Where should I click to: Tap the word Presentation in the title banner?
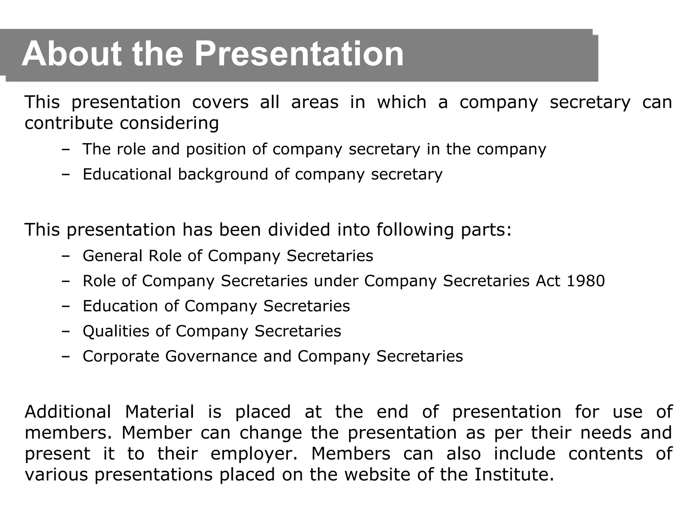[x=299, y=54]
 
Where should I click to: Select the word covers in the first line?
[x=220, y=102]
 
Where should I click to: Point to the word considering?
[x=169, y=123]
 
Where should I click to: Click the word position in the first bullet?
[x=216, y=149]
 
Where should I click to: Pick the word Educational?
[x=127, y=174]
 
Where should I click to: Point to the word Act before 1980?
[x=548, y=281]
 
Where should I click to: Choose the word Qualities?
[x=116, y=331]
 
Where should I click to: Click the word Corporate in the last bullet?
[x=121, y=356]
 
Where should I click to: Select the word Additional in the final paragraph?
[x=68, y=412]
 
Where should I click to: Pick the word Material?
[x=159, y=412]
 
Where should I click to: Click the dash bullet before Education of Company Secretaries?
[x=66, y=306]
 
